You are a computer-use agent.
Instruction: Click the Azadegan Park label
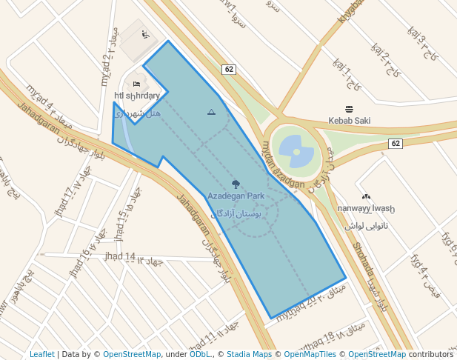coord(236,196)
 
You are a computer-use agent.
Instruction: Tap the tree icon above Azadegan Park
coord(236,184)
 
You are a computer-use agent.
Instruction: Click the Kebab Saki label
coord(350,120)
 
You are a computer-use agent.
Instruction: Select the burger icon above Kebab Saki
coord(350,109)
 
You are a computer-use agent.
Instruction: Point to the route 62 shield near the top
coord(229,70)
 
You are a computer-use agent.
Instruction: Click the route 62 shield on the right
coord(396,143)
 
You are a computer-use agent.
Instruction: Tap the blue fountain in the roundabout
coord(296,151)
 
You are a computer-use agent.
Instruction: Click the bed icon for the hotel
coord(136,83)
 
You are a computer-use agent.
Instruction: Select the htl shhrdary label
coord(137,96)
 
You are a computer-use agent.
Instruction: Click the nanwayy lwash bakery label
coord(366,209)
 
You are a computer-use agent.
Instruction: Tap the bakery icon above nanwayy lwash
coord(366,196)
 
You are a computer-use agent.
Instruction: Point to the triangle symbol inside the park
coord(211,112)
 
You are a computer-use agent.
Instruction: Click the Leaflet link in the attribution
coord(42,354)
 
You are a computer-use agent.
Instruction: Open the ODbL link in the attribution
coord(200,354)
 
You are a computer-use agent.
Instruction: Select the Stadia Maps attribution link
coord(249,354)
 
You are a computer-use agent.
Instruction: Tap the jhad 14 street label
coord(120,257)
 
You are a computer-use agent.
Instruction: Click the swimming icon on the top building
coord(145,34)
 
